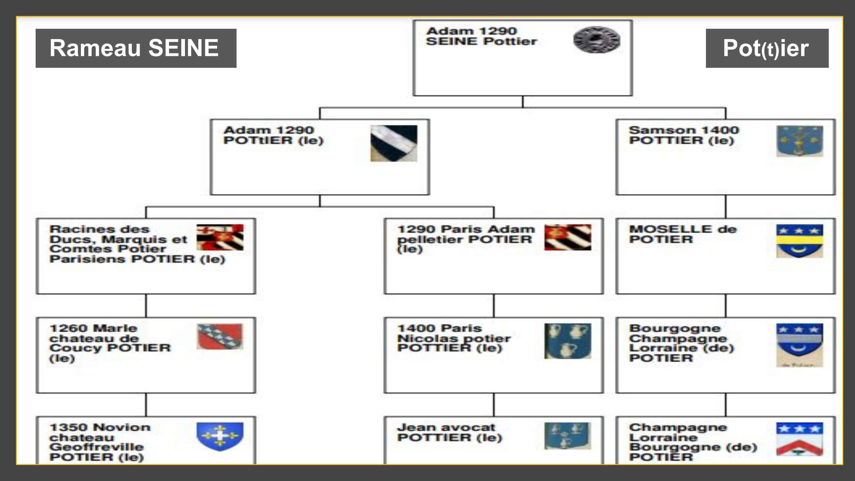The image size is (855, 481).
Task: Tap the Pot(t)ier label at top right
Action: [767, 48]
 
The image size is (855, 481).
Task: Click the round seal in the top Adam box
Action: [597, 40]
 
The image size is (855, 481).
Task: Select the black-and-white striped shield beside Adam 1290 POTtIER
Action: [394, 143]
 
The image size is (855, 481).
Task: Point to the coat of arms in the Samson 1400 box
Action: [799, 141]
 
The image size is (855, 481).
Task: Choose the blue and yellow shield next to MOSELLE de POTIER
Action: [799, 241]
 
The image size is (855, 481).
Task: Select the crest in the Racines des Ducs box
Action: [220, 237]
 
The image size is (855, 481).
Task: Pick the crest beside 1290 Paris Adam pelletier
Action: [567, 237]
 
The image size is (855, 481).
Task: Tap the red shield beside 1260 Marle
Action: [220, 336]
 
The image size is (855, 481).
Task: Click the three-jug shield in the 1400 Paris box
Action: [567, 341]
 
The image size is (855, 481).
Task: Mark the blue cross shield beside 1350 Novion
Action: [220, 436]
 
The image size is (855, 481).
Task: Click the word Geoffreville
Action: [96, 447]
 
